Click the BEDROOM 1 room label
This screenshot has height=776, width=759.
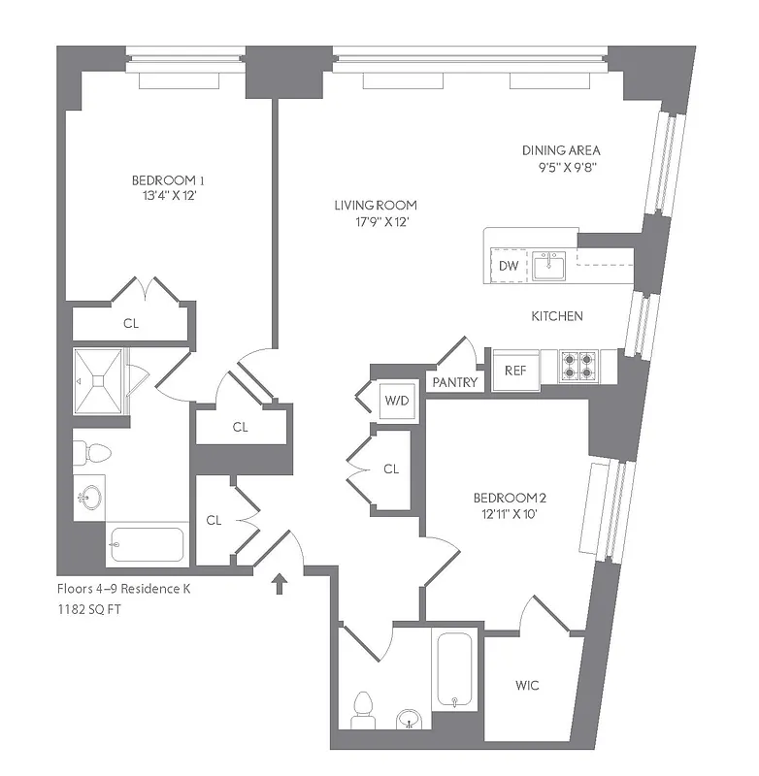[169, 180]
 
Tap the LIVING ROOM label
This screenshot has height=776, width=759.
[376, 206]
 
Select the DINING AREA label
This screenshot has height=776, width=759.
[561, 150]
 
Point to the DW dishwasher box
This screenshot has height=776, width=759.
[508, 265]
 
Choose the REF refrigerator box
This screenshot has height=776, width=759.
[514, 369]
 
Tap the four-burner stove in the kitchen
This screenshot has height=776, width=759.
[578, 366]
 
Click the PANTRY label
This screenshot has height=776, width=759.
[455, 382]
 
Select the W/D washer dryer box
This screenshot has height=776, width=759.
[396, 399]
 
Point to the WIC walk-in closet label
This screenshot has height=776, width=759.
[527, 686]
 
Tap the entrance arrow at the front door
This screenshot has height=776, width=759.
[280, 583]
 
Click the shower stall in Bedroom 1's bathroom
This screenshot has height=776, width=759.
[100, 383]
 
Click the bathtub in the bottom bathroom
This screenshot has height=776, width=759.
[454, 670]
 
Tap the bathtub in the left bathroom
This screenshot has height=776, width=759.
[148, 544]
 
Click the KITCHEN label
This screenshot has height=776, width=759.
[556, 316]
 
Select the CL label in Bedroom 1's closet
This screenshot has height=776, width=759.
[131, 324]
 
